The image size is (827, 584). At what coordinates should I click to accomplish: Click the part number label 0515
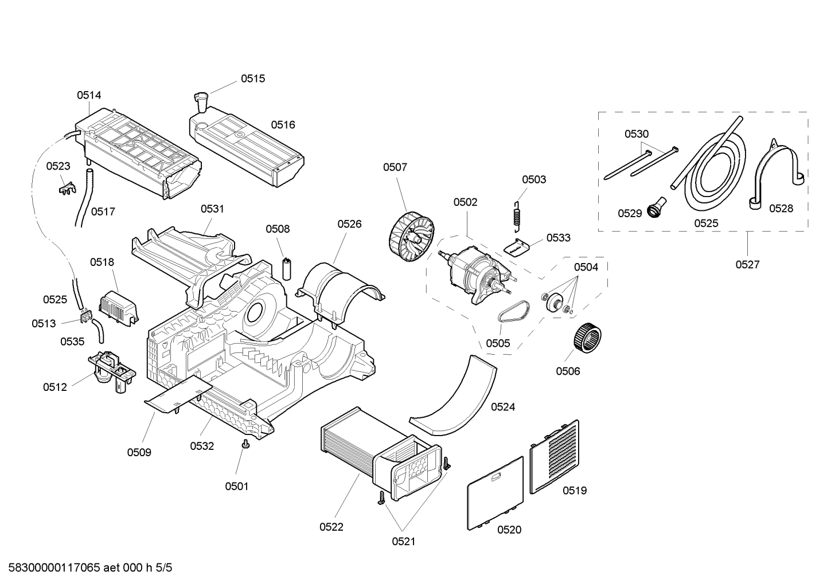[253, 79]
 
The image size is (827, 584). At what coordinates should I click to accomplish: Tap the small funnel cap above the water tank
[201, 102]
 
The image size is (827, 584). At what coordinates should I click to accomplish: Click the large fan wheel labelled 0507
[411, 237]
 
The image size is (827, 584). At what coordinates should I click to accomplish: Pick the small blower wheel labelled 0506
[587, 335]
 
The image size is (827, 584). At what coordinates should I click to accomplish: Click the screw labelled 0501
[245, 445]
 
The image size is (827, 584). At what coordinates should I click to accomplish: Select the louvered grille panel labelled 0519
[555, 457]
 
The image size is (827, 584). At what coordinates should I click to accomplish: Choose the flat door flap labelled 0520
[496, 493]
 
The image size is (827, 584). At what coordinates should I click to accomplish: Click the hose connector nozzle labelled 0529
[657, 208]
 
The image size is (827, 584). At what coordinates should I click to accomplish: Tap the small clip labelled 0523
[67, 187]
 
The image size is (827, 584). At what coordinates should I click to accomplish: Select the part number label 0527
[747, 265]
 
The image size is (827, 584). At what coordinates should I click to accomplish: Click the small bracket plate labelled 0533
[516, 248]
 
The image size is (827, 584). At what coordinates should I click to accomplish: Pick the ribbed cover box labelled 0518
[119, 308]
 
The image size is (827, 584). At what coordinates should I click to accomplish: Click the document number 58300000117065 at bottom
[54, 567]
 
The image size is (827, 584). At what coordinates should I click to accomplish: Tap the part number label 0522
[331, 527]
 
